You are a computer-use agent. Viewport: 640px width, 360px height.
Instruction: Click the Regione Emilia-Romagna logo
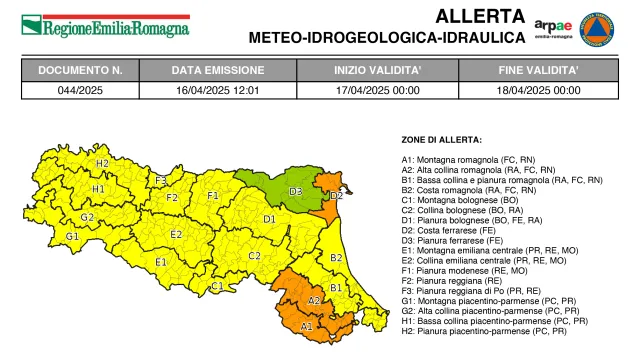(105, 25)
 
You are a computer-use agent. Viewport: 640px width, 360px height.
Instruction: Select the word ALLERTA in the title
(479, 16)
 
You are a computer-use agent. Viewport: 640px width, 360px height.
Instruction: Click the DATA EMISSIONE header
(217, 71)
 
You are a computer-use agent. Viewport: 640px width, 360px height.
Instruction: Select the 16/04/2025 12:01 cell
(217, 89)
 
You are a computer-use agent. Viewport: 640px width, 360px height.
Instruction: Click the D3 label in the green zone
(295, 190)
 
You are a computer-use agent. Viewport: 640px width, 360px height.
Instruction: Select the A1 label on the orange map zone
(306, 325)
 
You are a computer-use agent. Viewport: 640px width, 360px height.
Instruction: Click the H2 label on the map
(102, 162)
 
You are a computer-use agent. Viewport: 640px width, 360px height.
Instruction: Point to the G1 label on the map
(72, 236)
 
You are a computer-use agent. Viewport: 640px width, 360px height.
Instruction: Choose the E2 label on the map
(176, 234)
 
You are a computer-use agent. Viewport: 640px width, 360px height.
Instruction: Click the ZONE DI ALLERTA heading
(441, 139)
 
